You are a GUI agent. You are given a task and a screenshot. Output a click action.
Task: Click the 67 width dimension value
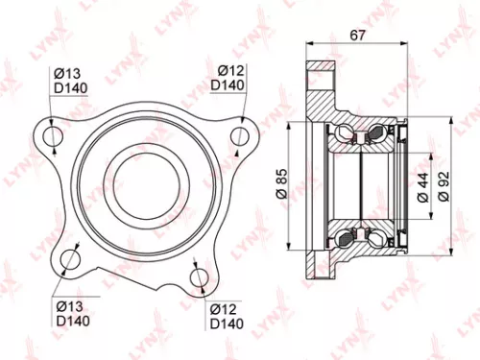[x=355, y=36]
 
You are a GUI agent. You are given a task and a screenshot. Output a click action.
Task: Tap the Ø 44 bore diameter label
[x=422, y=183]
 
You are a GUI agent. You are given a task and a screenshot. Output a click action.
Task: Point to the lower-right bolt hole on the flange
[x=199, y=277]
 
